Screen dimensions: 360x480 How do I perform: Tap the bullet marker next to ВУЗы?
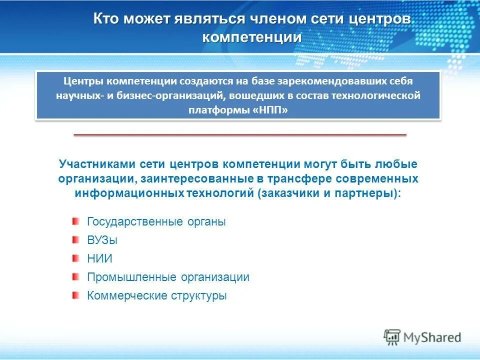click(x=75, y=240)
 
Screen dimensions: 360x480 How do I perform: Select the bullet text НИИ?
click(x=99, y=259)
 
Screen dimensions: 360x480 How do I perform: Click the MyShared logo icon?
click(x=392, y=337)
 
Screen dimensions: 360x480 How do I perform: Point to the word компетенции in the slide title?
click(x=252, y=37)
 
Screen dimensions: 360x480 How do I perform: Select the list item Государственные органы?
click(x=156, y=221)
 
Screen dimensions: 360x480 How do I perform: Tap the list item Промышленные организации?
click(x=168, y=277)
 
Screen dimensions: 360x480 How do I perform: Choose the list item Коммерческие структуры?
click(x=157, y=295)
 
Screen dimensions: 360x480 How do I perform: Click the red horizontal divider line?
click(x=240, y=134)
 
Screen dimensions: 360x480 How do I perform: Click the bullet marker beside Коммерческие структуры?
click(x=75, y=295)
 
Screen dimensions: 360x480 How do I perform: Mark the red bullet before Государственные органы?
click(x=75, y=221)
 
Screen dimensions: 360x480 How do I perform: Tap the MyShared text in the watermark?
click(x=432, y=337)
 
